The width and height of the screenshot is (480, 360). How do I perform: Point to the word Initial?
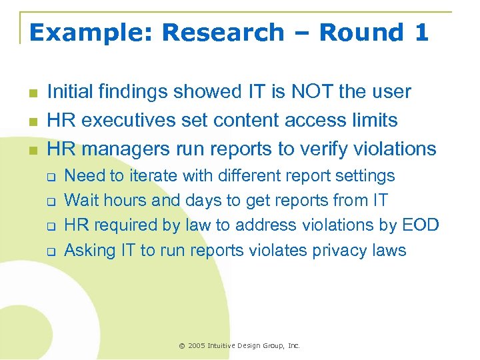69,91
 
